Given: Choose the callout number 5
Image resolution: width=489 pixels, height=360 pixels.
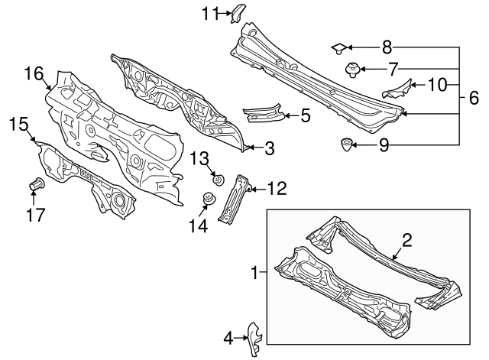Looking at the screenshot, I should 474,97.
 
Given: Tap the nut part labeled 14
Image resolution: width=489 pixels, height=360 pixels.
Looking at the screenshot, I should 206,200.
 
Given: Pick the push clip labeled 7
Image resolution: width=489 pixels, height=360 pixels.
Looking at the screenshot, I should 353,70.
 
